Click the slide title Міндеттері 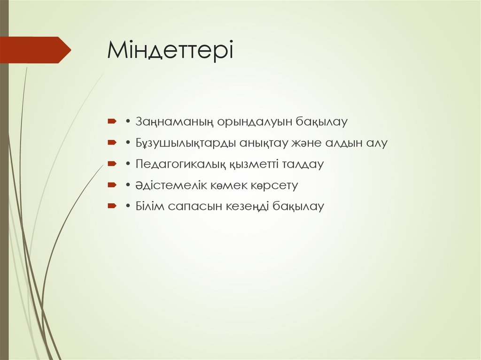click(x=170, y=50)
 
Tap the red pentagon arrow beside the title click(x=35, y=50)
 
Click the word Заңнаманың click(x=175, y=122)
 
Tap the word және click(x=318, y=143)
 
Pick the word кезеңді click(x=246, y=207)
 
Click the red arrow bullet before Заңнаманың click(x=112, y=122)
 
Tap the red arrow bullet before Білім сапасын click(x=112, y=206)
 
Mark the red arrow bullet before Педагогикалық click(x=112, y=164)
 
